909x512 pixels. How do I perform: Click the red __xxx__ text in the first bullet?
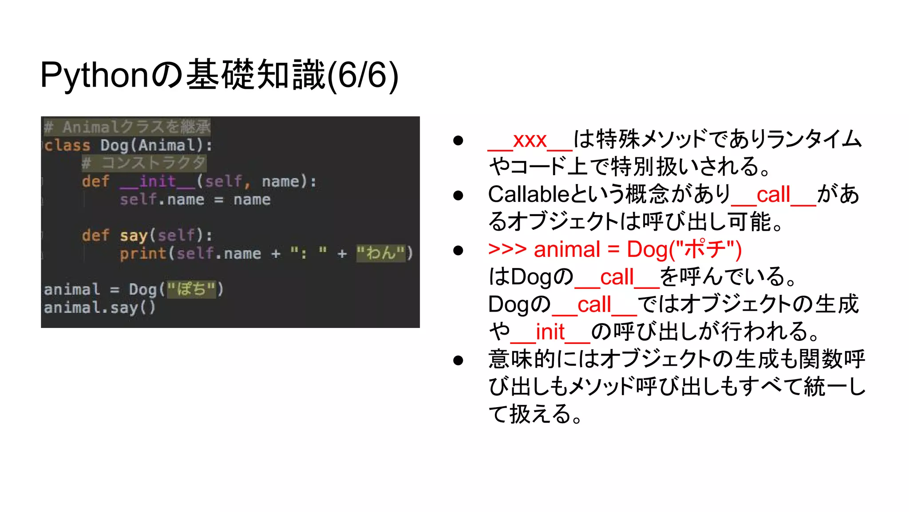(x=530, y=140)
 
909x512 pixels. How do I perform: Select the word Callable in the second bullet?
(x=528, y=194)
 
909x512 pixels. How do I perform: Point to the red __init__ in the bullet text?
(x=550, y=332)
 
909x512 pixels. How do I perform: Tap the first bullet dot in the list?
(x=458, y=140)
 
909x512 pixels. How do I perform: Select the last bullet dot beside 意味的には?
(x=458, y=360)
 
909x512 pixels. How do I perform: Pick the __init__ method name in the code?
(x=158, y=181)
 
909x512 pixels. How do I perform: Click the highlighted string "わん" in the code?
(x=381, y=253)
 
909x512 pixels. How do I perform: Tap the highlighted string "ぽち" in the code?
(x=191, y=289)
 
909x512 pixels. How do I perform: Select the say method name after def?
(x=133, y=236)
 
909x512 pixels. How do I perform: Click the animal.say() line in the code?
(x=100, y=308)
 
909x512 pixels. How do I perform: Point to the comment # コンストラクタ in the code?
(x=144, y=163)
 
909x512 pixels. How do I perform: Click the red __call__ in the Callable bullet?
(x=773, y=194)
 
